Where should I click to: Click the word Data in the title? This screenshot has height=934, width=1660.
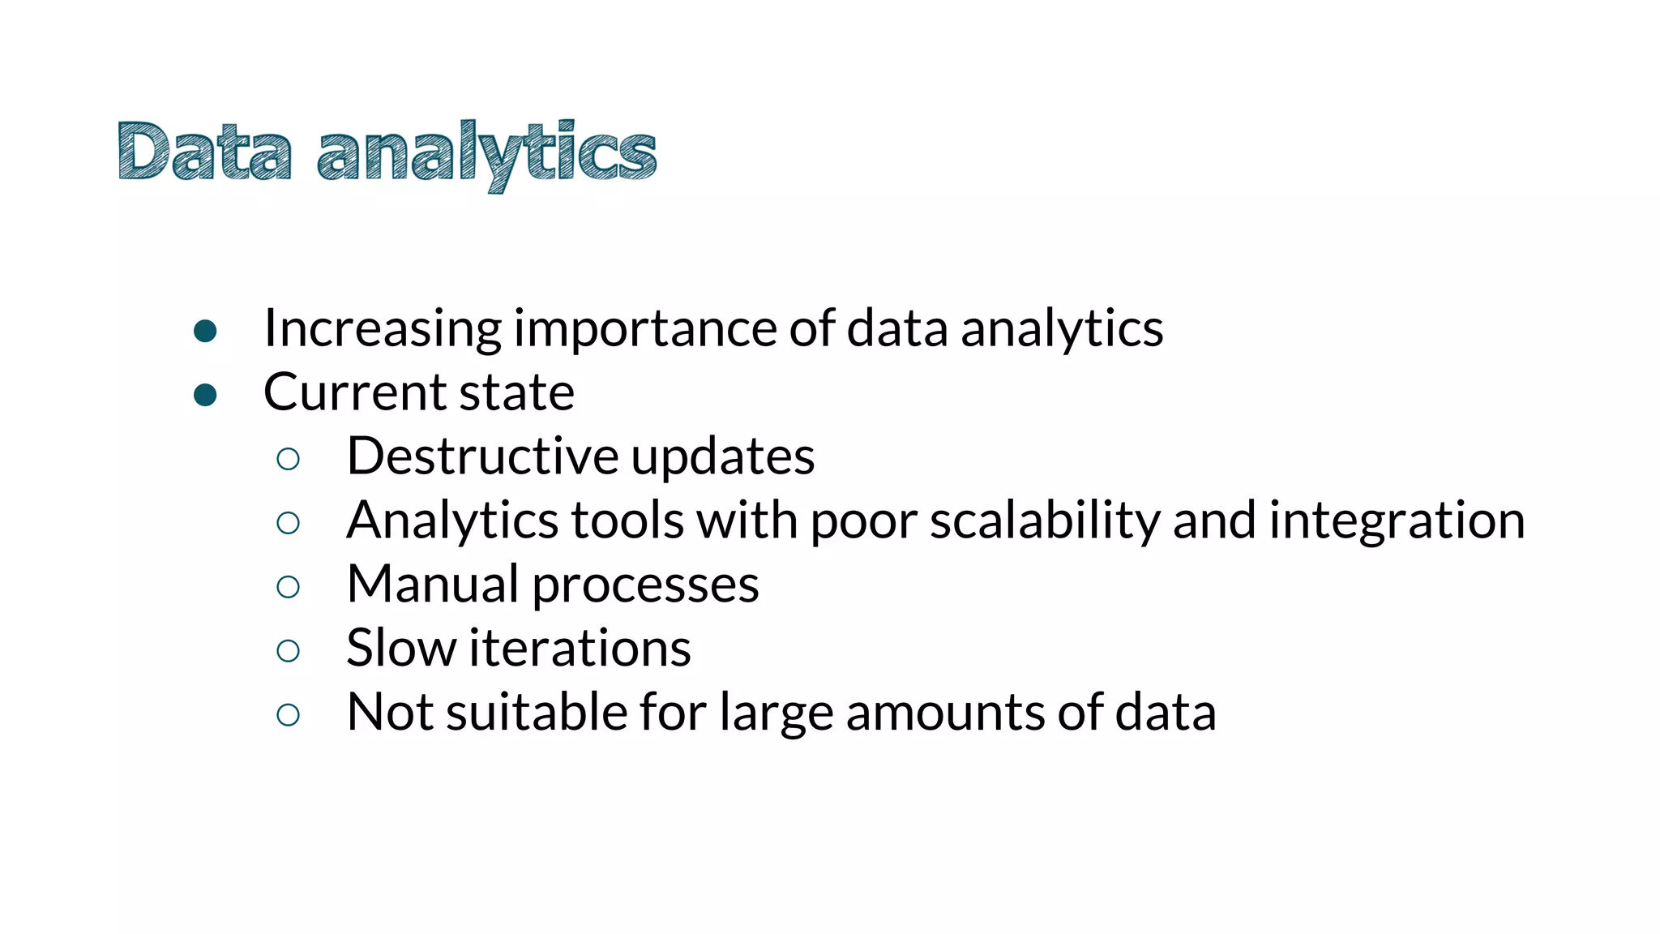(x=204, y=152)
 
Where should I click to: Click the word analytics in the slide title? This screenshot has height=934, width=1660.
(x=486, y=154)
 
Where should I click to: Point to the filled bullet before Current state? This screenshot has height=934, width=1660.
(x=205, y=395)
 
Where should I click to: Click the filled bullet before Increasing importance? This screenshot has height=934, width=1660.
(x=205, y=331)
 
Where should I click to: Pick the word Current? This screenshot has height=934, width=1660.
(x=354, y=392)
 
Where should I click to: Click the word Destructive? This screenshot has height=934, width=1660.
(x=482, y=456)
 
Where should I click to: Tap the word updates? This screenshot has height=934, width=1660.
(x=722, y=457)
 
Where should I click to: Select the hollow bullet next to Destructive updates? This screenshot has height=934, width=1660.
(x=288, y=460)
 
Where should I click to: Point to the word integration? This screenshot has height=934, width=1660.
(x=1397, y=521)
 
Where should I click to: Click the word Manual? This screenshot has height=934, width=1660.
(x=432, y=584)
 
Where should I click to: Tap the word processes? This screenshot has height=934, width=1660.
(x=645, y=585)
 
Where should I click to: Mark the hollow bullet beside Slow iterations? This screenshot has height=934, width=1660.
(x=288, y=651)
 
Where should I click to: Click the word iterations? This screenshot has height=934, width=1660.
(x=580, y=648)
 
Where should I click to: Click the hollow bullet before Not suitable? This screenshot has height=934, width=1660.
(x=288, y=715)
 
